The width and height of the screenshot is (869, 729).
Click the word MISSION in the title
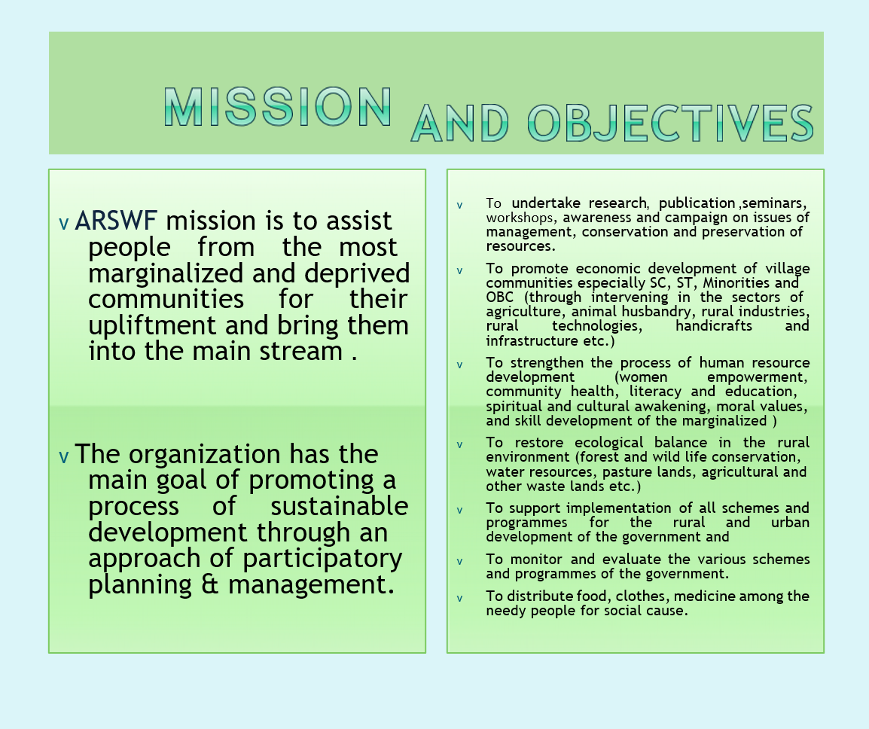point(278,107)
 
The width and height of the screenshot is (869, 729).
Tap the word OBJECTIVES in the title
point(670,123)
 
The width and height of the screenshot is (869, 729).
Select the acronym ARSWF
point(116,221)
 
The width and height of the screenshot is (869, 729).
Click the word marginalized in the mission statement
point(166,273)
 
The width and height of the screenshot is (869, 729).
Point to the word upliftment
point(152,326)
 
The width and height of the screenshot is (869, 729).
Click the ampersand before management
point(210,584)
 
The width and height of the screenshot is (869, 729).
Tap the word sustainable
point(339,505)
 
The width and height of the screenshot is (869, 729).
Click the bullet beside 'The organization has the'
point(64,457)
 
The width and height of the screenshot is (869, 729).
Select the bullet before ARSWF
point(64,224)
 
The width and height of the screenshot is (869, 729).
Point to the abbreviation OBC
point(500,297)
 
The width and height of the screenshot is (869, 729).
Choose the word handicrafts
point(714,325)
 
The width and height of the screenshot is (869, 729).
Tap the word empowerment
point(757,377)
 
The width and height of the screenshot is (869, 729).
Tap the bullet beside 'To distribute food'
point(459,599)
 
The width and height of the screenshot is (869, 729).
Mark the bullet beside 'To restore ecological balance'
point(459,445)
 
